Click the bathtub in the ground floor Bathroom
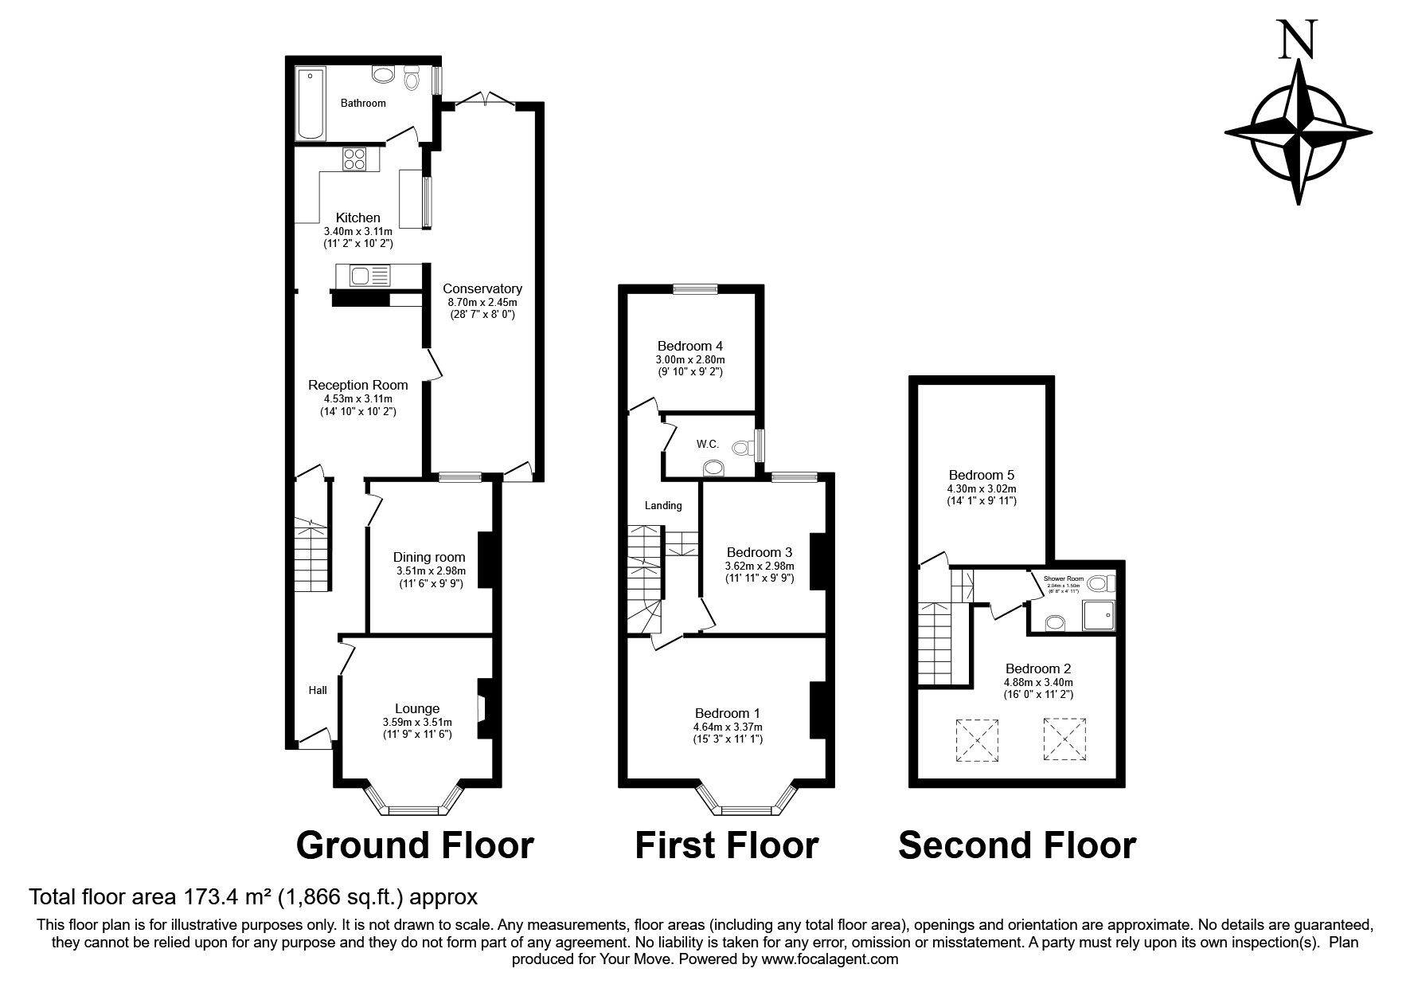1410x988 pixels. click(310, 104)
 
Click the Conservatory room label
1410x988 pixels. click(482, 288)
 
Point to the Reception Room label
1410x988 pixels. click(357, 385)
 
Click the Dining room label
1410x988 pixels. click(429, 557)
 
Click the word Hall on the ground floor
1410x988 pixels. click(317, 690)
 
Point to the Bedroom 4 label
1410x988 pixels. click(689, 346)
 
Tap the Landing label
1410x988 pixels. click(662, 505)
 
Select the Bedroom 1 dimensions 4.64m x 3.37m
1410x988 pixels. click(727, 727)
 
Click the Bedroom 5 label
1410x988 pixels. click(980, 475)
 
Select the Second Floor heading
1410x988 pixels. click(1017, 845)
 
